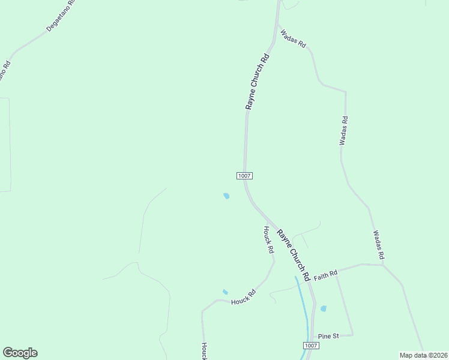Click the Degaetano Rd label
click(x=61, y=16)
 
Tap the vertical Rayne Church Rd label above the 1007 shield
click(x=256, y=82)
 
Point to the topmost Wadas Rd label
click(x=294, y=38)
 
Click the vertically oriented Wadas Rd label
click(x=343, y=131)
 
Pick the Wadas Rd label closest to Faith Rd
click(x=378, y=245)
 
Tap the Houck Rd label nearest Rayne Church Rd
click(x=268, y=239)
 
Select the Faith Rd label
click(x=325, y=273)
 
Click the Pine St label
click(x=328, y=336)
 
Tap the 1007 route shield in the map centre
click(x=244, y=176)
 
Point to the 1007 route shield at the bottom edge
click(x=310, y=346)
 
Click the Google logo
click(x=20, y=353)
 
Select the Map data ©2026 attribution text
click(x=423, y=355)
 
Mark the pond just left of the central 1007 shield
click(x=226, y=196)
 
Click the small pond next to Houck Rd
click(x=225, y=292)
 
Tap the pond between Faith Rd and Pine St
click(x=323, y=308)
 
